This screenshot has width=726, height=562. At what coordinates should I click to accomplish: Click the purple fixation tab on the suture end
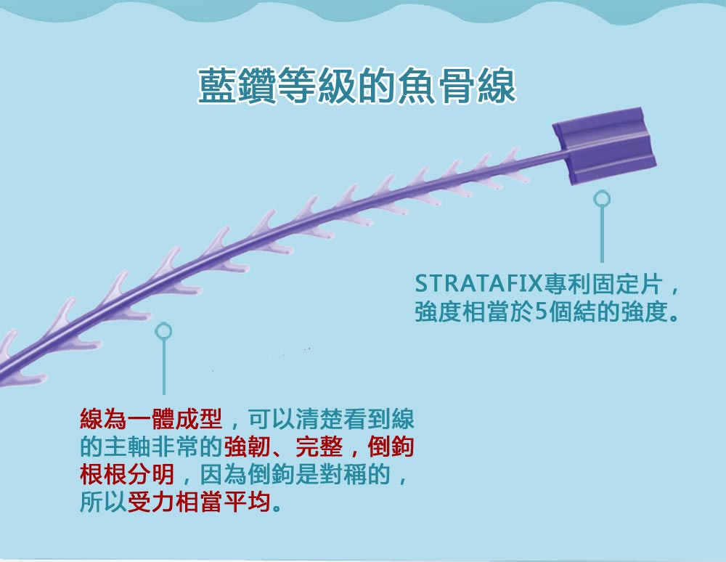click(604, 145)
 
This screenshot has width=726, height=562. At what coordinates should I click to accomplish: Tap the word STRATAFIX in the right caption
click(478, 283)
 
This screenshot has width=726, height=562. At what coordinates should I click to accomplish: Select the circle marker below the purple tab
click(601, 199)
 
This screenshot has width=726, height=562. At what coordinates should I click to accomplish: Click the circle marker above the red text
click(163, 331)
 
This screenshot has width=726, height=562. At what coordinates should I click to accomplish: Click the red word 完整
click(319, 447)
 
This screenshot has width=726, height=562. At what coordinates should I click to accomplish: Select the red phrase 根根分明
click(127, 474)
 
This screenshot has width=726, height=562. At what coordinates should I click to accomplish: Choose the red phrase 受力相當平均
click(199, 501)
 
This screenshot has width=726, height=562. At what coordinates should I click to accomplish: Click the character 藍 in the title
click(217, 85)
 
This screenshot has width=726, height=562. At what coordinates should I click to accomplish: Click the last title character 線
click(497, 85)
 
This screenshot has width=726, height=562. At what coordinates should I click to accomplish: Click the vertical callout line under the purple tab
click(602, 235)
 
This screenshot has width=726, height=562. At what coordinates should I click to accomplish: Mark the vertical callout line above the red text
click(164, 367)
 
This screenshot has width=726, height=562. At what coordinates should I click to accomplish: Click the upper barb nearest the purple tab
click(510, 155)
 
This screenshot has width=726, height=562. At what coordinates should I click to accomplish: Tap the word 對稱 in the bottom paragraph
click(343, 474)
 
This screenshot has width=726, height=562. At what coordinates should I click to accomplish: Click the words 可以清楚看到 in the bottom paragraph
click(319, 419)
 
